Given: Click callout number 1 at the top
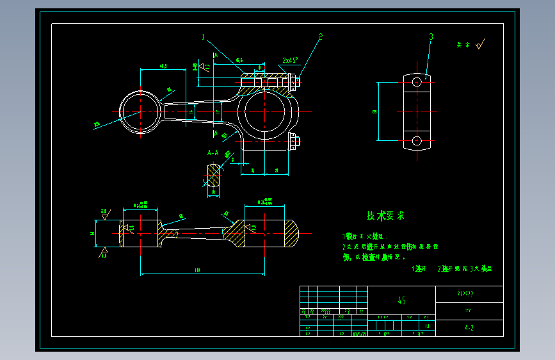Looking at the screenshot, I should [204, 37].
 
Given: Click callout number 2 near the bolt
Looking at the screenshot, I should [320, 37].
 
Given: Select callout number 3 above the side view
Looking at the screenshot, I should [431, 37].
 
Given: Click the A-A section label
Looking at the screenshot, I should [213, 153].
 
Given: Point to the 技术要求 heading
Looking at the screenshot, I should [385, 216].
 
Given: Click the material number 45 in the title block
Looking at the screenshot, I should [401, 300].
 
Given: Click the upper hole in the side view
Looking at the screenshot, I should [417, 82].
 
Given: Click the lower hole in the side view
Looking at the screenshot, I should [417, 140].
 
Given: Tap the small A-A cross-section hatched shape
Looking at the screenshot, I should [213, 174].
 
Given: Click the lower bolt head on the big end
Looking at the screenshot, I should [294, 140].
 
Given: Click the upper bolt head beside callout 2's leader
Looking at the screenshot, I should [293, 81].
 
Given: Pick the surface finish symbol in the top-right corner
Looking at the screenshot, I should [480, 44].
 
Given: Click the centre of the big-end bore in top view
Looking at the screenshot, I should [264, 111].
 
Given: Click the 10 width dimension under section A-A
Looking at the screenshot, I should [213, 192].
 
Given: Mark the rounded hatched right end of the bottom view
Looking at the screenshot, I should [290, 234].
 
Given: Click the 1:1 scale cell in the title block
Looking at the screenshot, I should [426, 326].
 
